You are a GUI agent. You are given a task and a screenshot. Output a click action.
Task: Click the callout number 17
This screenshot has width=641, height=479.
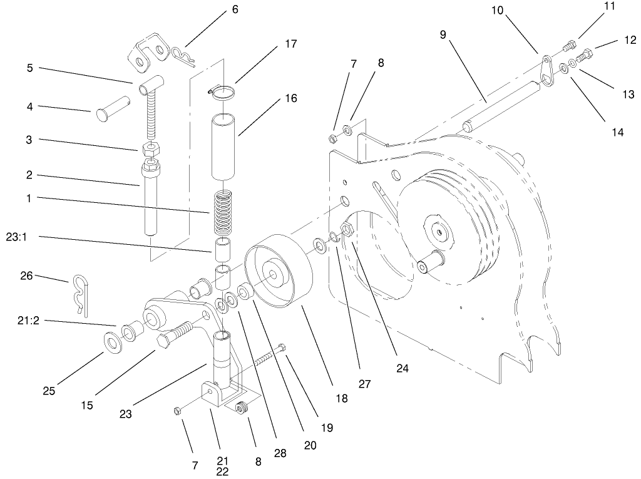(x=290, y=44)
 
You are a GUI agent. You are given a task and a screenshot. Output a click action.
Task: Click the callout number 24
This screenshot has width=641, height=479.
(x=402, y=369)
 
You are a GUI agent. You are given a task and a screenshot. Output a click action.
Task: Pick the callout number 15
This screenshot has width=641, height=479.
(x=86, y=405)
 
